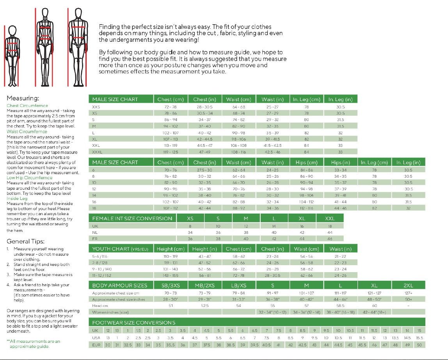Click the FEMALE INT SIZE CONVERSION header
tap(132, 218)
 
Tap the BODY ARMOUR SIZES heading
tap(120, 285)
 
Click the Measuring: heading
tap(23, 98)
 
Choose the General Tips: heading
tap(25, 241)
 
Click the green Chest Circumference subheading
tap(27, 106)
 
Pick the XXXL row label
tap(98, 152)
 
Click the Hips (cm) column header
tap(307, 162)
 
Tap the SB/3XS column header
tap(171, 285)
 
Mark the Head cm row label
tap(100, 306)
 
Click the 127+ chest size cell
tap(408, 293)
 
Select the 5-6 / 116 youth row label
tap(100, 256)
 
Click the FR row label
tap(95, 239)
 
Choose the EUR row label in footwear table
tap(96, 345)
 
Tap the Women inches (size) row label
tap(110, 312)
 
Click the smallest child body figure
tap(12, 55)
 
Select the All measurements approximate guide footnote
tap(33, 344)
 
